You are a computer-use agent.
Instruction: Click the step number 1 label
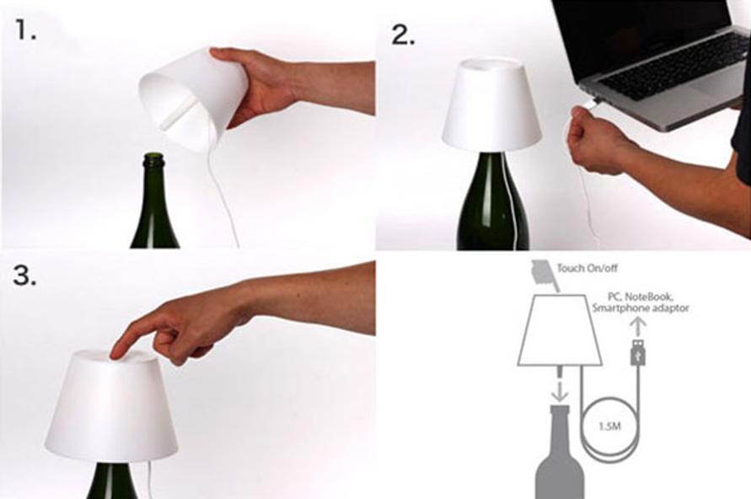[x=25, y=30]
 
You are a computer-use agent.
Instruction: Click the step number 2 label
[x=403, y=35]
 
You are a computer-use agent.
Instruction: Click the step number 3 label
[x=24, y=276]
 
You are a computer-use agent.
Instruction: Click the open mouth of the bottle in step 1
[x=153, y=156]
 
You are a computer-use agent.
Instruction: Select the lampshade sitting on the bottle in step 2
[x=491, y=102]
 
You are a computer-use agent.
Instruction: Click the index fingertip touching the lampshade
[x=116, y=352]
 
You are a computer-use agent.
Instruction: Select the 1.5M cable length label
[x=609, y=426]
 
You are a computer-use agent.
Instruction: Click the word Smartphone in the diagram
[x=617, y=308]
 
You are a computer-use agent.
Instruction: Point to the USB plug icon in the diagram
[x=638, y=352]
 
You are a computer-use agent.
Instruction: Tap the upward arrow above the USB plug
[x=637, y=327]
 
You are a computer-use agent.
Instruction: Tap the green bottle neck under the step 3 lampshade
[x=111, y=480]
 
